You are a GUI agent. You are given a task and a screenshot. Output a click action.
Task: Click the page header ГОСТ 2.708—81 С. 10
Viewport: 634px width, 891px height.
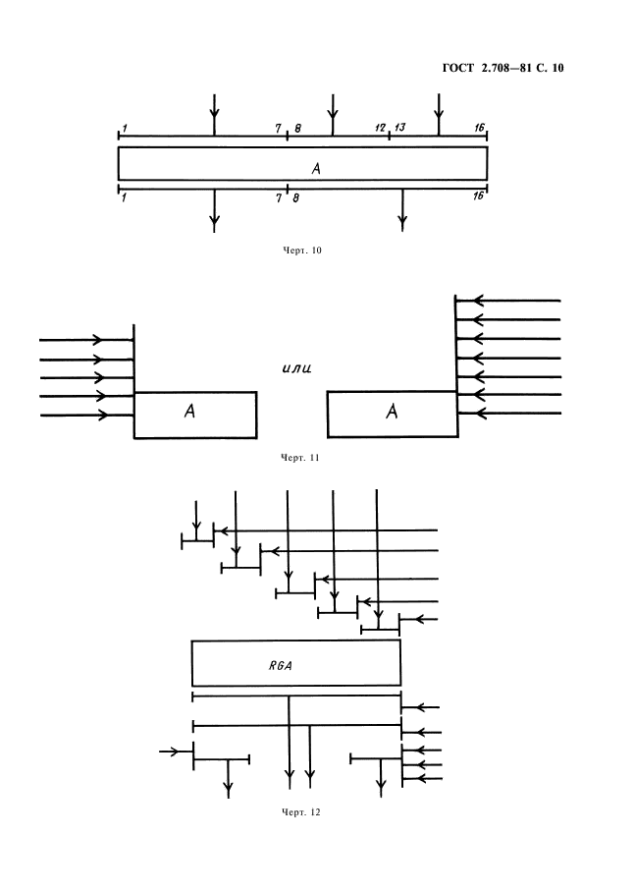(502, 68)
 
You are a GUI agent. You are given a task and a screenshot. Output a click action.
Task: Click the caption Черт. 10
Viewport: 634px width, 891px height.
(302, 251)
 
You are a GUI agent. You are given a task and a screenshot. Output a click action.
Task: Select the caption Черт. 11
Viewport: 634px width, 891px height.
(300, 458)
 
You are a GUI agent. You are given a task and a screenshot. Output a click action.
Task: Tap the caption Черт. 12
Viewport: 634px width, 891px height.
(301, 812)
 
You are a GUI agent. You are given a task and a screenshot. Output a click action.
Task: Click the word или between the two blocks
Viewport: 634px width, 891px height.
(296, 368)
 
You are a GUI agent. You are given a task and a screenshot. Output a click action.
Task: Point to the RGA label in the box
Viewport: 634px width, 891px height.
(281, 665)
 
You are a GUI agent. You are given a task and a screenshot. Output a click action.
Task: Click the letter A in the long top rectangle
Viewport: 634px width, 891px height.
(316, 168)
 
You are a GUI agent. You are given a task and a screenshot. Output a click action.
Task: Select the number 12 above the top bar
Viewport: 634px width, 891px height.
(380, 128)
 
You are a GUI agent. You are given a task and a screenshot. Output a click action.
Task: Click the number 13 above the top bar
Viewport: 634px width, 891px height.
(400, 128)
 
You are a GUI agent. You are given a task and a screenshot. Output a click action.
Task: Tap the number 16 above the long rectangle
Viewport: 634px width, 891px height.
(480, 128)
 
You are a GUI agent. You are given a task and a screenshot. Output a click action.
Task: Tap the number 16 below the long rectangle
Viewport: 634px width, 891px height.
(479, 195)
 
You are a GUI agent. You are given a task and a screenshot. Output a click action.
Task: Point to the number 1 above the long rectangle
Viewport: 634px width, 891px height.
(125, 129)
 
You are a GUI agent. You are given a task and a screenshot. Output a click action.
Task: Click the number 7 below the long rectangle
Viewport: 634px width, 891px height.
(279, 197)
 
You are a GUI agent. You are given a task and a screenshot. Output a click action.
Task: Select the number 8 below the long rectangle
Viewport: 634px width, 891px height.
(295, 197)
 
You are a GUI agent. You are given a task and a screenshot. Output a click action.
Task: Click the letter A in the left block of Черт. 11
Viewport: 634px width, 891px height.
(189, 411)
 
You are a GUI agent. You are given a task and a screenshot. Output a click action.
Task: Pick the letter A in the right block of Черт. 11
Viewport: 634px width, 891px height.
(392, 411)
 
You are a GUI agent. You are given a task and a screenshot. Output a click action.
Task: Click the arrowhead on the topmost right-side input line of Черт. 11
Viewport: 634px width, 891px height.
(479, 300)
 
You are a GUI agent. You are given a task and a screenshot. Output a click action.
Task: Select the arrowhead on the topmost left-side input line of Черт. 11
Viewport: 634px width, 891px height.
(97, 340)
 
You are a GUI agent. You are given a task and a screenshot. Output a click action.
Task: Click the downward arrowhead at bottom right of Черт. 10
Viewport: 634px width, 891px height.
(402, 223)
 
